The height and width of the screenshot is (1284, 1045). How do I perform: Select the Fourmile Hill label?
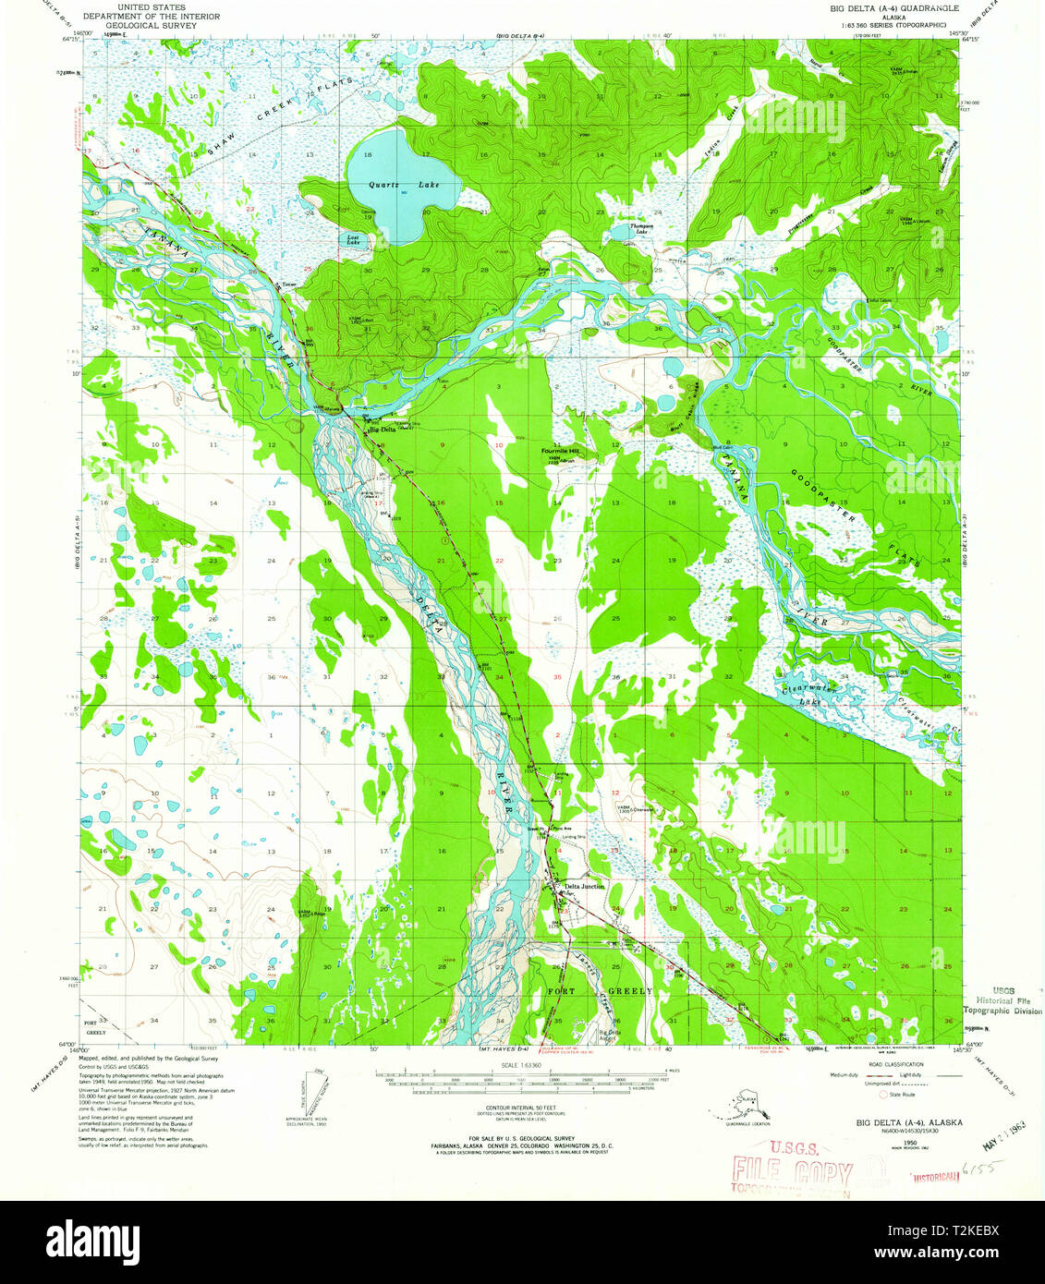pyautogui.click(x=560, y=451)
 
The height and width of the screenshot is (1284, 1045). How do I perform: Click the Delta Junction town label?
pyautogui.click(x=585, y=886)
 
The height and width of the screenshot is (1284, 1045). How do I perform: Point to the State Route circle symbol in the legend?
pyautogui.click(x=882, y=1094)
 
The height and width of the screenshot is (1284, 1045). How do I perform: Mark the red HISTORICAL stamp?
pyautogui.click(x=936, y=1178)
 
